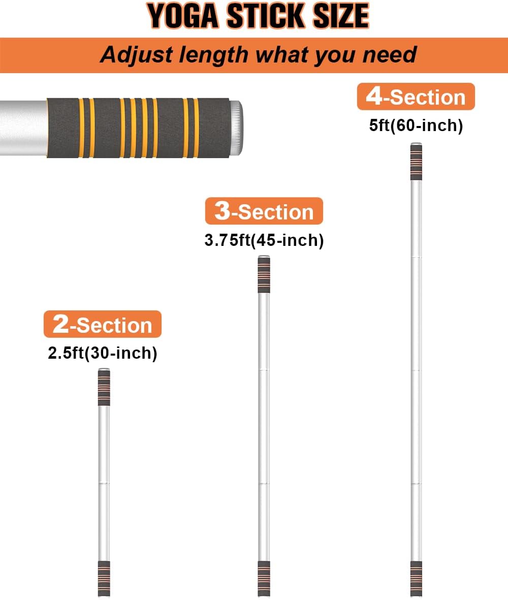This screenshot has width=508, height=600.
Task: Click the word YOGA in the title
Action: point(182,16)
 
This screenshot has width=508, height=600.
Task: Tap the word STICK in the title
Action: point(266,16)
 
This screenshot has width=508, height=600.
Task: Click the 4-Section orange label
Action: point(416,97)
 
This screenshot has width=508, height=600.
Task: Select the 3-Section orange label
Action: point(264,211)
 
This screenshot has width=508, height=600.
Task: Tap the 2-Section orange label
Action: point(103,324)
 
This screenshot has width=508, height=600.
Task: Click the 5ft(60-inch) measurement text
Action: point(416,125)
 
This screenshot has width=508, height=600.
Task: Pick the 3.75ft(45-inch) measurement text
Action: point(264,240)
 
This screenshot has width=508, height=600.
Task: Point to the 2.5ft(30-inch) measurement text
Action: point(103,353)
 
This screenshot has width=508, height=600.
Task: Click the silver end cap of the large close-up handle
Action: point(236,128)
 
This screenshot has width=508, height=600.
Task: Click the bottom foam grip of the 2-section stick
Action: point(104,579)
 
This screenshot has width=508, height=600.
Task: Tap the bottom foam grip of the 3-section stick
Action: point(264,579)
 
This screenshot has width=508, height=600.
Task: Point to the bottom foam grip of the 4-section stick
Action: point(416,579)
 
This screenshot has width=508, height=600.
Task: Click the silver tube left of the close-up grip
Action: point(23,128)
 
